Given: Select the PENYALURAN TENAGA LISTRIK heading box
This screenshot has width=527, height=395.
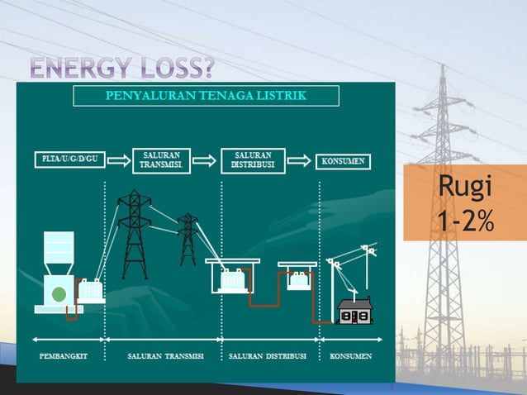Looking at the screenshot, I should point(206,96).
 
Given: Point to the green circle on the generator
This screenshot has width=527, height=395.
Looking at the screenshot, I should point(58,296).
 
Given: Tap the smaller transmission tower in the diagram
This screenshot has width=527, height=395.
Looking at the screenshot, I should point(188,240).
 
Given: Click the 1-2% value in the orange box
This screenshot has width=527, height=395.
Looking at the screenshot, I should point(464,221).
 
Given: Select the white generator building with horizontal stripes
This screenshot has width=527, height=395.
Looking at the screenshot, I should point(58,249).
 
